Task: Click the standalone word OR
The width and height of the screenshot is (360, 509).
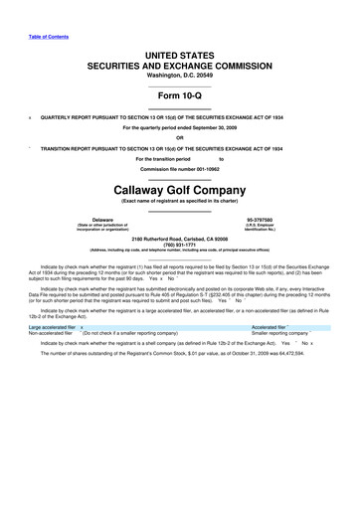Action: [x=179, y=137]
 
